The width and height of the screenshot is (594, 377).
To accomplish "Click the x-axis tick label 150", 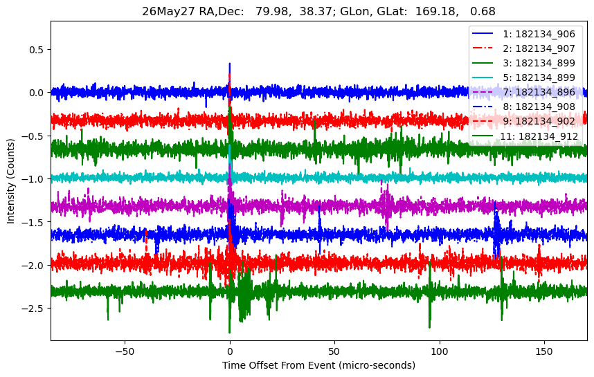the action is (x=544, y=351).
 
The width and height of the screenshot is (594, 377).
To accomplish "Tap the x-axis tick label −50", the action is (x=125, y=351).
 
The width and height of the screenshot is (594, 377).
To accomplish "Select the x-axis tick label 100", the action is (x=440, y=351).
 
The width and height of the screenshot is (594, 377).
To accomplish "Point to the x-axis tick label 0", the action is (x=230, y=351).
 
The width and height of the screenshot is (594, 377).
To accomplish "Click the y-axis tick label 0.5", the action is (x=37, y=50).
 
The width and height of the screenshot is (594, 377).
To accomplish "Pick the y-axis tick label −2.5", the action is (x=34, y=309).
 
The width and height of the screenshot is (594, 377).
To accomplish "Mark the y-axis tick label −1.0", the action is (x=34, y=179).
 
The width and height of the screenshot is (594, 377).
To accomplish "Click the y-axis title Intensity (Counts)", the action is (x=10, y=181).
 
